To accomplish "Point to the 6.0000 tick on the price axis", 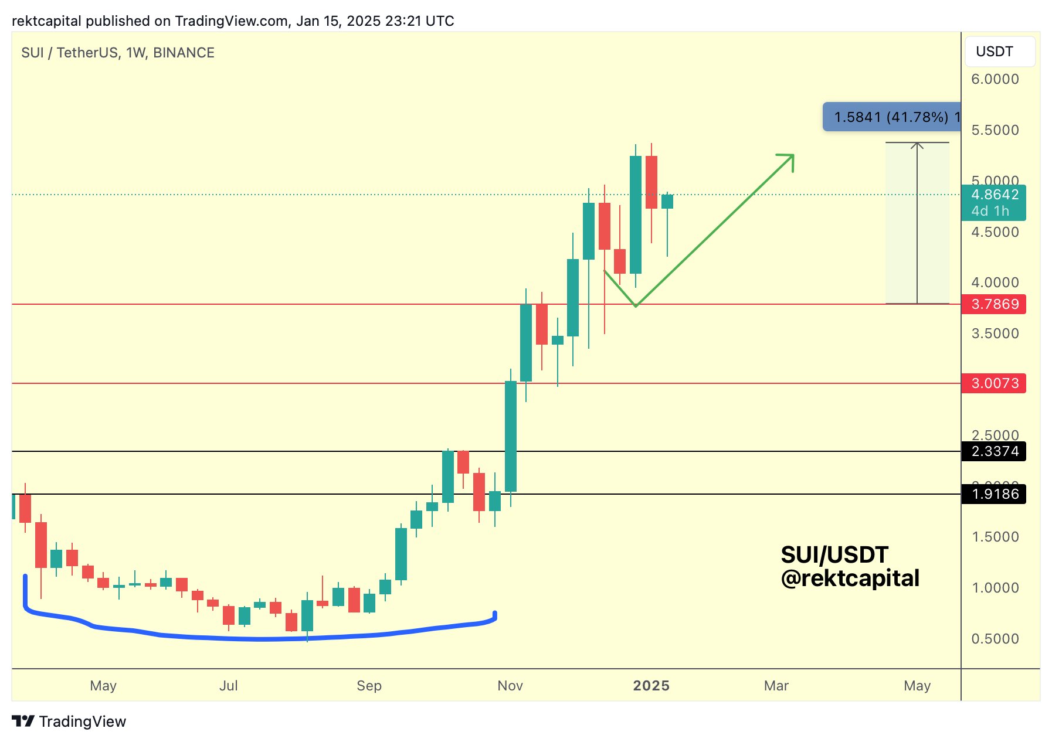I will point(995,79).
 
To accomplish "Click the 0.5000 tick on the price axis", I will point(995,639).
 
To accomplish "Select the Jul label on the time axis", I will point(229,686).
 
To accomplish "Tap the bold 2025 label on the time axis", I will point(651,686).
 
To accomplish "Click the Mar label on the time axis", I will point(776,686).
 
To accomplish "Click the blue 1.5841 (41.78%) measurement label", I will point(891,117).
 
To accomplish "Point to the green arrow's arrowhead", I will point(789,159).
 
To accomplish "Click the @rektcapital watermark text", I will point(850,578).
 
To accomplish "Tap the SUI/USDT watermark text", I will point(834,554).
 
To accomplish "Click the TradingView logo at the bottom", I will point(69,721).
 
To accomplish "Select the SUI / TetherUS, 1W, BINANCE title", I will point(118,53).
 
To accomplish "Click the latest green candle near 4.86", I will point(667,202).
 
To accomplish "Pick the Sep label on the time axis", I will point(369,686).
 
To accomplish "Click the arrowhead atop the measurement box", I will point(917,145).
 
